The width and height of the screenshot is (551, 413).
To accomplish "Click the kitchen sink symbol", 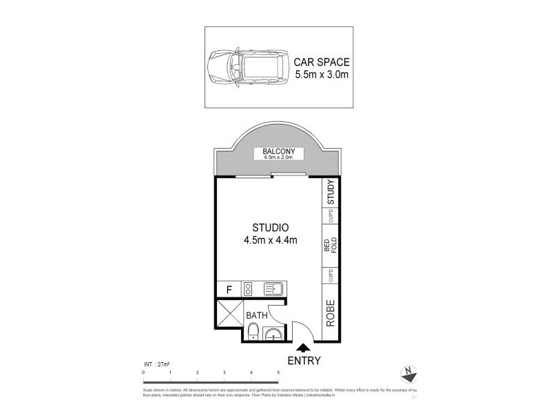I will [x=278, y=290].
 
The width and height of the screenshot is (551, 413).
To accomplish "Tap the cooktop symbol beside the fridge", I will [x=249, y=290].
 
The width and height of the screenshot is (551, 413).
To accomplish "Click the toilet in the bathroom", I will [x=253, y=335].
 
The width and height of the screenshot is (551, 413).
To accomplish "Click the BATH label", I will [x=257, y=316].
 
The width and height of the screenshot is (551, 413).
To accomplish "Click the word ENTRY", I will [x=303, y=359].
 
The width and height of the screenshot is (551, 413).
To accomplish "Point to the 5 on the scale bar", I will [x=278, y=372].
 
